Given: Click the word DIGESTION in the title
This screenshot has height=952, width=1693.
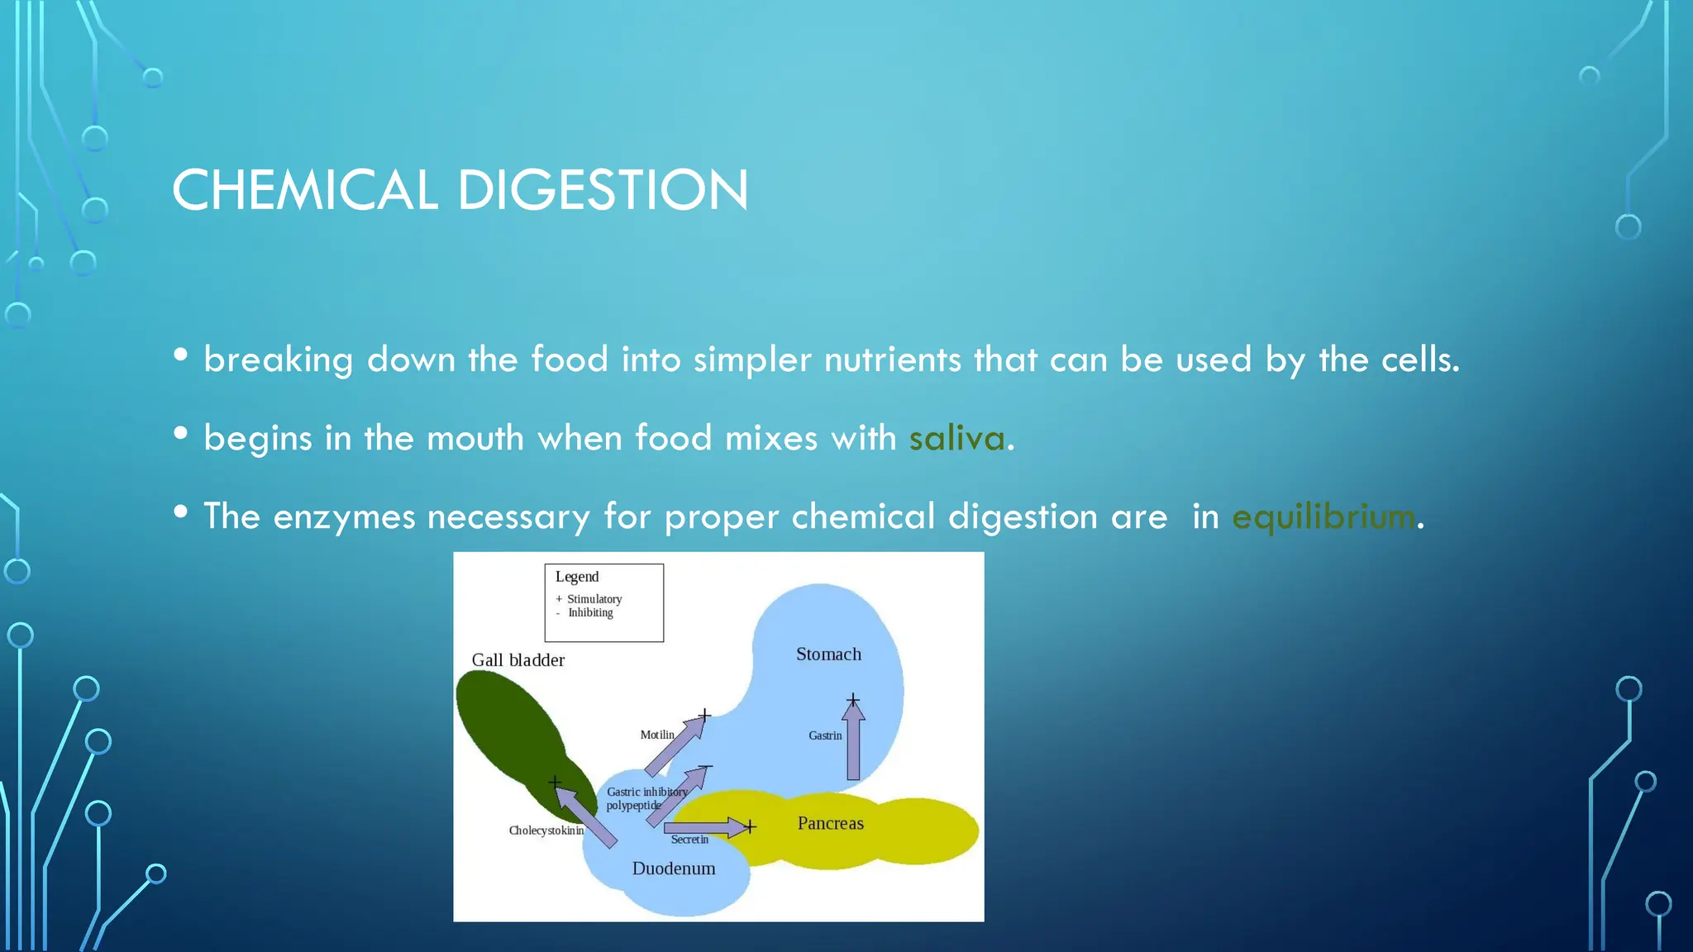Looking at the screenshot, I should pos(603,190).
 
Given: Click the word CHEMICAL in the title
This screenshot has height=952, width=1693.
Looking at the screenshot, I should pos(304,190).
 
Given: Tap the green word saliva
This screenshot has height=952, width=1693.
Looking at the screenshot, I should pos(956,438).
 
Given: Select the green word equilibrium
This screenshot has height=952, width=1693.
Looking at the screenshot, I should pos(1323,517).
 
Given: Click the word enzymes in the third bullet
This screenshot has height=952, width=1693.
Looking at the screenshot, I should pos(344,517).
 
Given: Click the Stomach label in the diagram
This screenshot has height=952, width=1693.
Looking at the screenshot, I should pos(828,654).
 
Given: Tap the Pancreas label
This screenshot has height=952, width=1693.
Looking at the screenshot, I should pos(830,823).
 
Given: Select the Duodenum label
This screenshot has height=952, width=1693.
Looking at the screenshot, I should pos(674,869).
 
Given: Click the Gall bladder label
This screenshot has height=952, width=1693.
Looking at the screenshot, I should pos(518,660).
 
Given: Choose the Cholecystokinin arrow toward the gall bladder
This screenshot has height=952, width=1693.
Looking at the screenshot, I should pos(585,816).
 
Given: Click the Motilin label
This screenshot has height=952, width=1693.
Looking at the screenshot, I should pos(657,735).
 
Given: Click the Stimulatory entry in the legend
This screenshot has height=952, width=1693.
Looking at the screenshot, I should pos(594,599).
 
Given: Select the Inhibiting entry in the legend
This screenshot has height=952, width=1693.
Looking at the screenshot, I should pos(590,613).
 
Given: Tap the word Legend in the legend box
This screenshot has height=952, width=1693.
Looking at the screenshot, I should pos(577,577).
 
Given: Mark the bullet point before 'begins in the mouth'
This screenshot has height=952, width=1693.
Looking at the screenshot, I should pos(181,434).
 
